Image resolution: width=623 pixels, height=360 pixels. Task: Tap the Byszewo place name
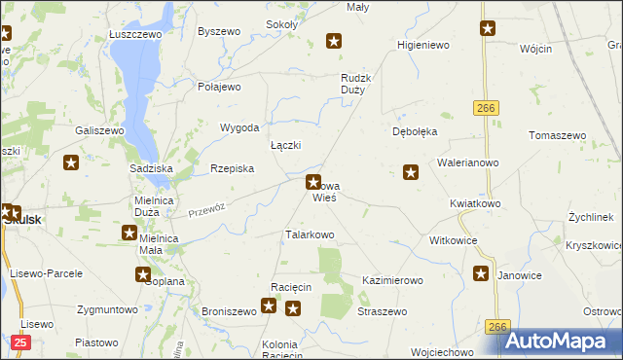click(x=218, y=31)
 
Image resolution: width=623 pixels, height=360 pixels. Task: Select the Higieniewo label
click(x=421, y=46)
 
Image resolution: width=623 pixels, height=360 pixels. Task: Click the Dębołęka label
click(x=415, y=130)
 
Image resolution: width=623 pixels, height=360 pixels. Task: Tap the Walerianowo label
click(x=468, y=162)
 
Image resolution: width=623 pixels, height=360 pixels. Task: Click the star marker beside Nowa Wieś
click(x=313, y=181)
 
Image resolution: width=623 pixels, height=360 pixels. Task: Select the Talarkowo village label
click(x=310, y=234)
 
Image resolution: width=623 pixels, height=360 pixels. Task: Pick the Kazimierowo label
click(x=392, y=280)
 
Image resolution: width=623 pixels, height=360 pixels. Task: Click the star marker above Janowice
click(x=481, y=273)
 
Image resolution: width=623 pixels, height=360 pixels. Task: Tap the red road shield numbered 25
click(x=22, y=342)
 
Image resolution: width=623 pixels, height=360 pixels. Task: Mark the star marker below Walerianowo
click(x=411, y=172)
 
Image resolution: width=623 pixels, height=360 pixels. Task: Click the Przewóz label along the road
click(x=206, y=208)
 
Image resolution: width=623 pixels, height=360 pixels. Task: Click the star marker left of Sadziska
click(x=71, y=162)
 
